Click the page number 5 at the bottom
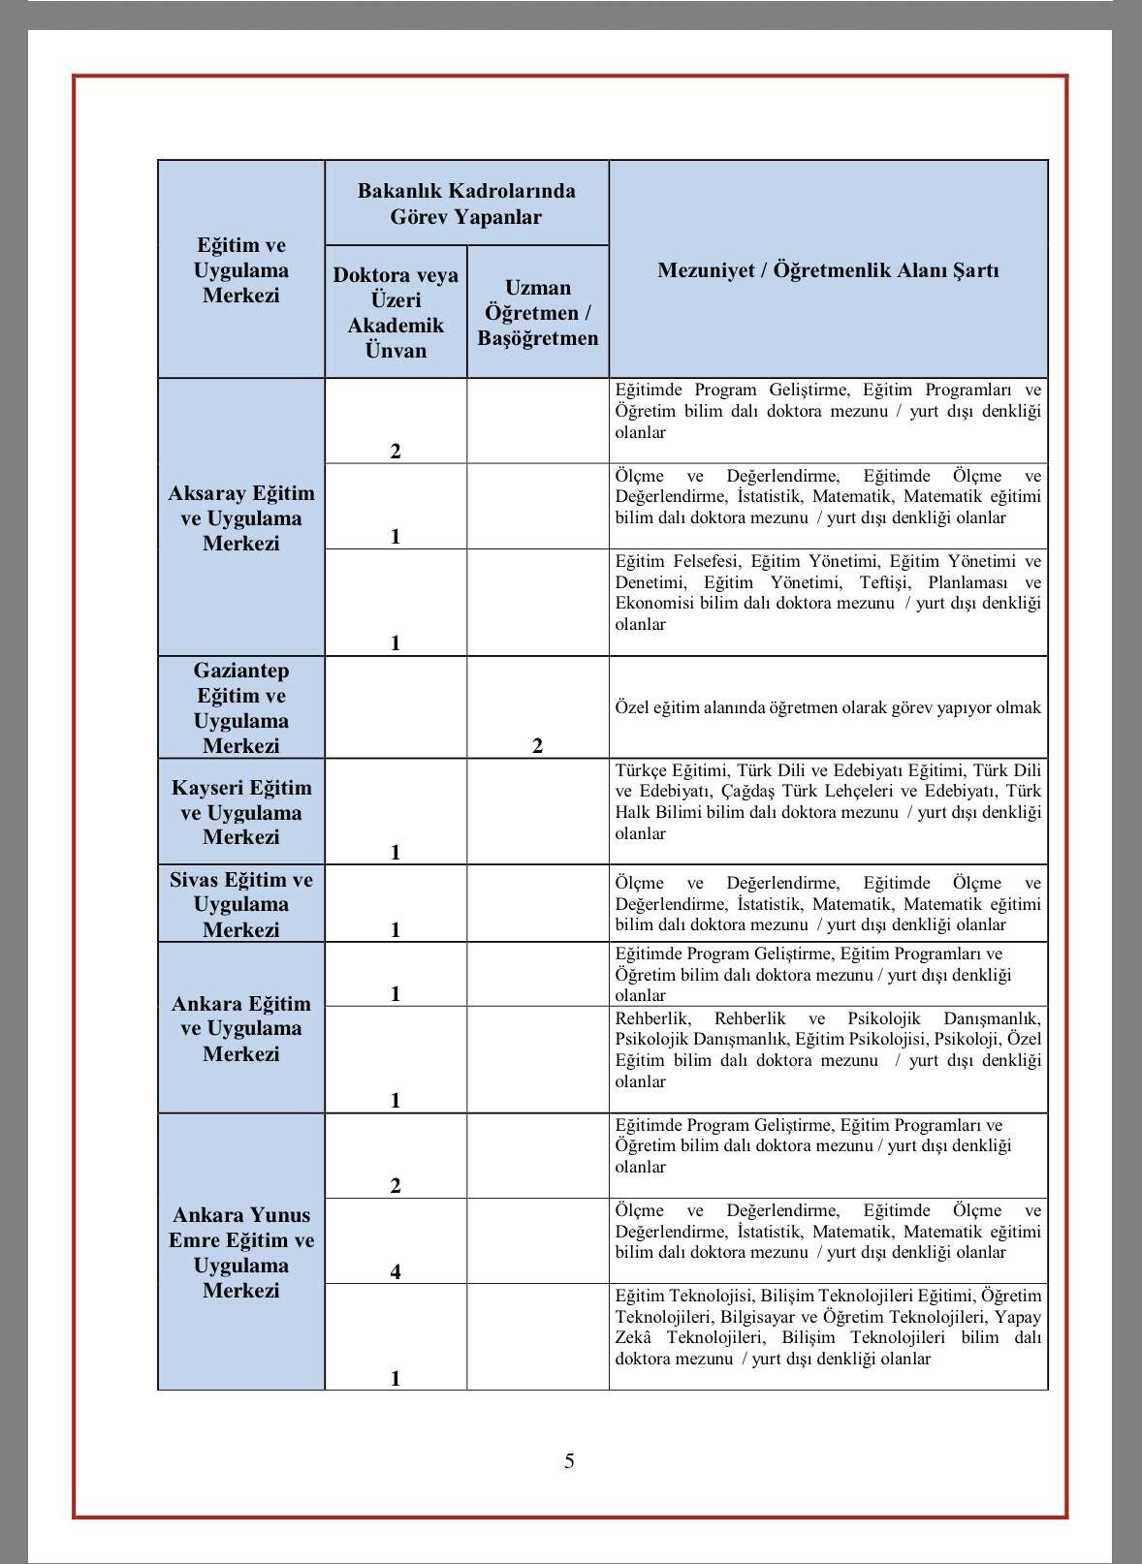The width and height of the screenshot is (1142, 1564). click(x=569, y=1461)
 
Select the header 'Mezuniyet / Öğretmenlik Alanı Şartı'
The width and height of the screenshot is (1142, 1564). click(x=828, y=270)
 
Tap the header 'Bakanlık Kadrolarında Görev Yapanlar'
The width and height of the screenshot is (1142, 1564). click(x=466, y=203)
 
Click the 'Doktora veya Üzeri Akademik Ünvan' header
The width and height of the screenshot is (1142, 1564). click(x=396, y=312)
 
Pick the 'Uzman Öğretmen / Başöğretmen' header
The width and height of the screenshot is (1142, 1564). click(x=538, y=312)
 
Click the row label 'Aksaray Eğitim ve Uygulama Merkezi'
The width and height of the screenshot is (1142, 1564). click(x=241, y=518)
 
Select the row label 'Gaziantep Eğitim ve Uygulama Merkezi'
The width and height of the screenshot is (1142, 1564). click(x=241, y=707)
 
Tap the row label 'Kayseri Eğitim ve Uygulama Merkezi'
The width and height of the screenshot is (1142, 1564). click(x=241, y=812)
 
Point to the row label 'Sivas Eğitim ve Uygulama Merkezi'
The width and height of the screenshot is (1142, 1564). click(x=241, y=904)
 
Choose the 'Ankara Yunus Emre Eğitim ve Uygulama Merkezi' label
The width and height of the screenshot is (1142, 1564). click(x=241, y=1252)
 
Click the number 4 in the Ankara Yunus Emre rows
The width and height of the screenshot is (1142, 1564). click(x=396, y=1271)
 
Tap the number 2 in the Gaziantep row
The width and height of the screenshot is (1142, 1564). click(x=538, y=745)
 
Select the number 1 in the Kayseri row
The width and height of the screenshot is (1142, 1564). click(x=396, y=853)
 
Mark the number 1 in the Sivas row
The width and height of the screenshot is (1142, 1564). click(x=396, y=930)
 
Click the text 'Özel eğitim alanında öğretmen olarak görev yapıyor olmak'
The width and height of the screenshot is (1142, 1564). click(x=828, y=707)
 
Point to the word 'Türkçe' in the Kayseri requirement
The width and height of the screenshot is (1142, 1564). click(x=643, y=770)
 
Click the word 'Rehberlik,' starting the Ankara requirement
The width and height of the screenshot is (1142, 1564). click(x=652, y=1018)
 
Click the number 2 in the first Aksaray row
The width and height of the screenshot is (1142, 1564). click(x=396, y=451)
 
